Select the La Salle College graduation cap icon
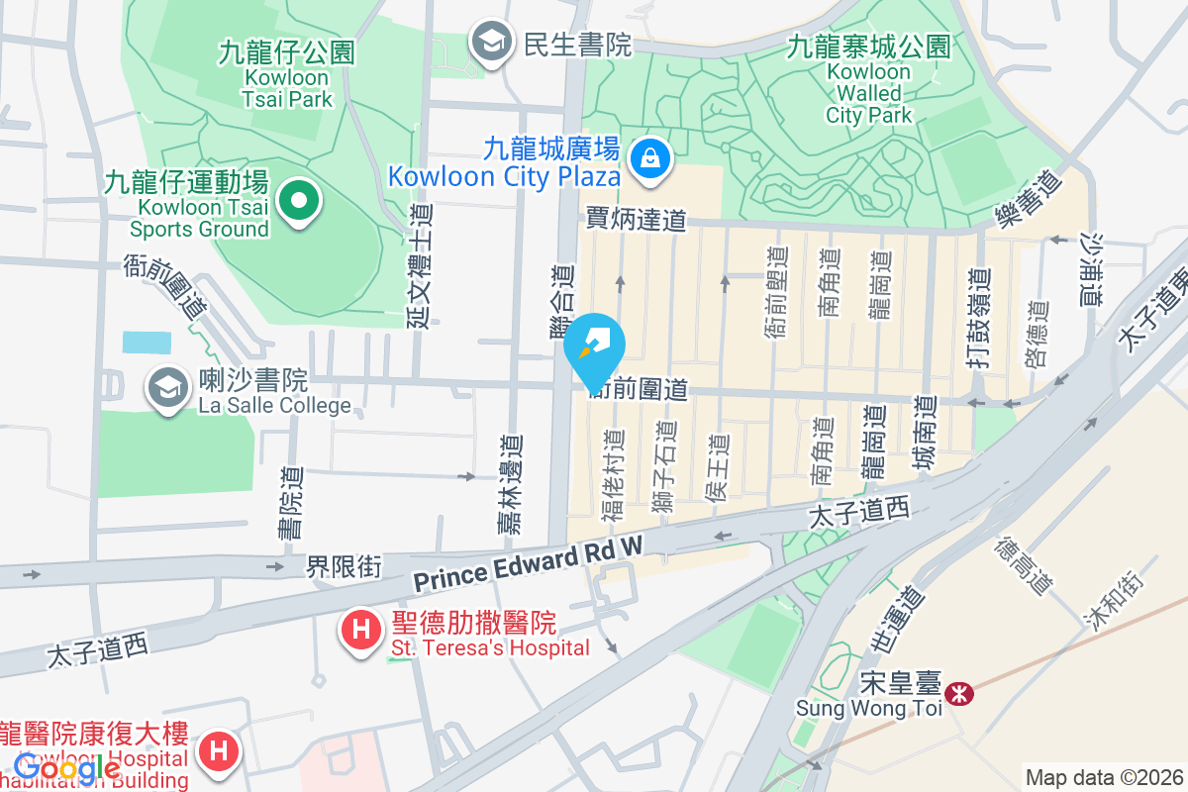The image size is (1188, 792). [167, 389]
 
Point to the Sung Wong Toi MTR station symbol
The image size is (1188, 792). [958, 694]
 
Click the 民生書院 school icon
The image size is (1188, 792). [489, 43]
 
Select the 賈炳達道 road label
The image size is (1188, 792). [636, 219]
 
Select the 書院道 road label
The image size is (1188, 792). [290, 502]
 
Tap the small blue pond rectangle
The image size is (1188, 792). [146, 342]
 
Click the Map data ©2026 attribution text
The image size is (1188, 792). [1105, 777]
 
